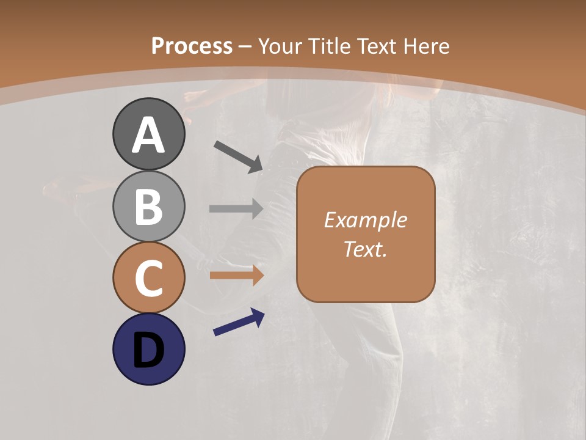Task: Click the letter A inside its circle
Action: pos(148,136)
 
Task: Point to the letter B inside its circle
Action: pos(148,207)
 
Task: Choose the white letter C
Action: pos(148,279)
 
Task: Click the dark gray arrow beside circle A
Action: pos(238,156)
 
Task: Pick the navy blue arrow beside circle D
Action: pos(239,323)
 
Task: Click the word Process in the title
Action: pos(192,46)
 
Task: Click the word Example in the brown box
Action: pos(365,220)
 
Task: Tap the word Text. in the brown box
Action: pos(365,249)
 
